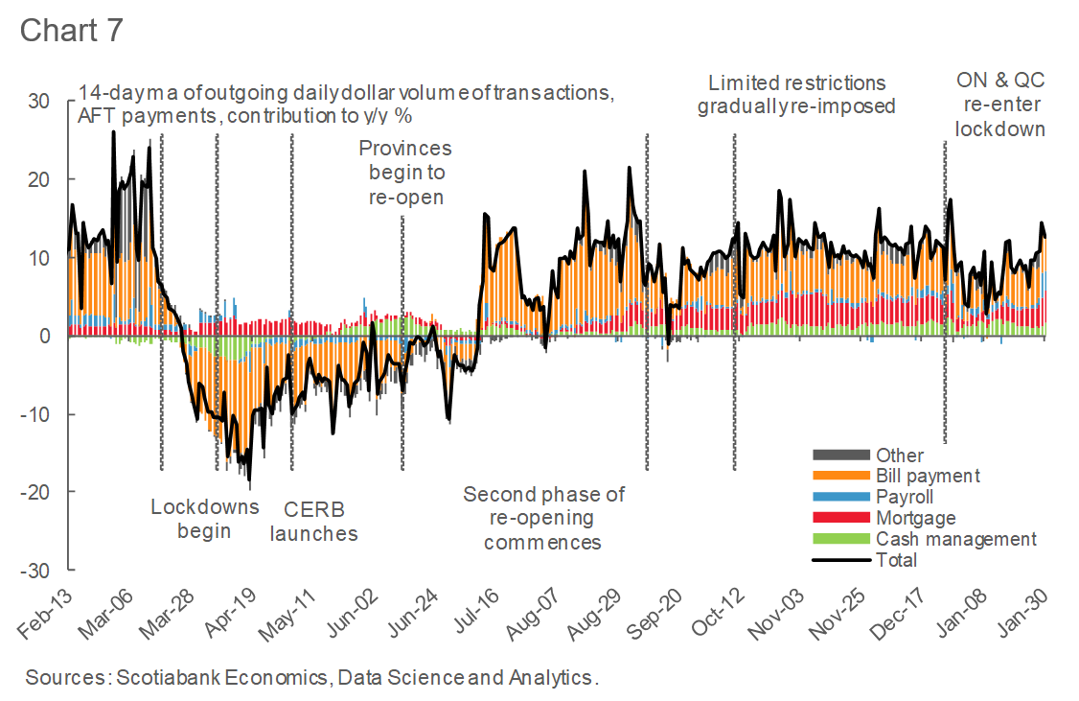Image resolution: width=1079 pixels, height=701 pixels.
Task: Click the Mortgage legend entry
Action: point(915,518)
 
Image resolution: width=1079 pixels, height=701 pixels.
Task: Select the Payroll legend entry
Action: point(904,497)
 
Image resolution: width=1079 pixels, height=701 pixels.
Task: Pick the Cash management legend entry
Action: point(955,539)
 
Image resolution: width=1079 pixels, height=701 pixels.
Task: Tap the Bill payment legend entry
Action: point(928,476)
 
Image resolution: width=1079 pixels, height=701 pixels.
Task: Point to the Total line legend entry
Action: point(896,560)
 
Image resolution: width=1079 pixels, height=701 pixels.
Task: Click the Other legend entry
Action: point(900,455)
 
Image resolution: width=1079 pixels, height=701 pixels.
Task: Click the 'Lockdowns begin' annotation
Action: point(204,518)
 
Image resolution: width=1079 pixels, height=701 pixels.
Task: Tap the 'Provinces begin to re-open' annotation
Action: point(404,173)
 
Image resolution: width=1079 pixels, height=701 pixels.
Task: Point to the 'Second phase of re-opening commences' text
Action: point(543,518)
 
